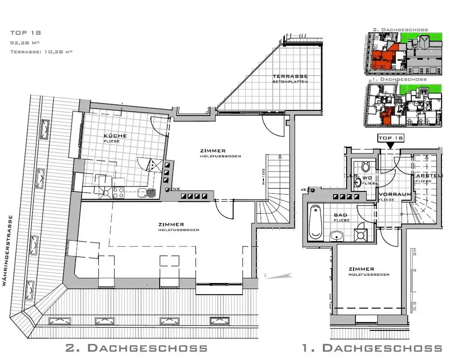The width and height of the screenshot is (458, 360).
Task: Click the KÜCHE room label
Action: coord(115,136)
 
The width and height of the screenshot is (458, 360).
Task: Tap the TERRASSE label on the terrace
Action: coord(290,76)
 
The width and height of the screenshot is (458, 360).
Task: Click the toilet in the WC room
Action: coord(365,167)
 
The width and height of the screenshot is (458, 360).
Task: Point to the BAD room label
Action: coord(340,215)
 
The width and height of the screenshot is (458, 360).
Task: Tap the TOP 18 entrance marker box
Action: coord(390,138)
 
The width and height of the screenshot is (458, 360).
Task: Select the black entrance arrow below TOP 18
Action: coord(390,145)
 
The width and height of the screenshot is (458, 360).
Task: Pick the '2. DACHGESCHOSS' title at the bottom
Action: coord(136,348)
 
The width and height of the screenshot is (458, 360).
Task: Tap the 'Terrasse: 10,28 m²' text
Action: coord(41,52)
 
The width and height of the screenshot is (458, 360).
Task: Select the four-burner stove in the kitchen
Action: coord(118,192)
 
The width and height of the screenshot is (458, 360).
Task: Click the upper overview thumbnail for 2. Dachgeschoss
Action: coord(403,53)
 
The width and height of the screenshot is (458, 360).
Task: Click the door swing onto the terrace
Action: coord(273,125)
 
